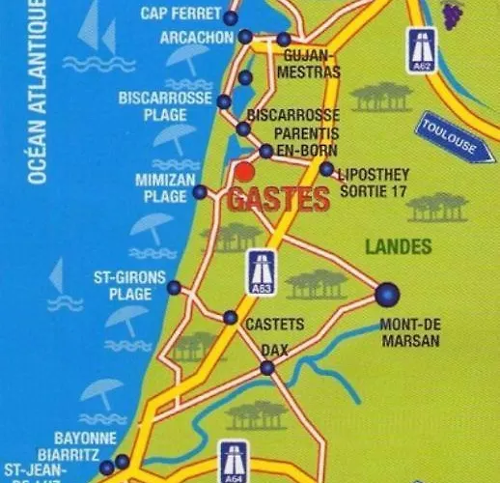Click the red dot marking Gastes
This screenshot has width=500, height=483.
coord(245,171)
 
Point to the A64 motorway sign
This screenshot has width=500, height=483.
coord(232,462)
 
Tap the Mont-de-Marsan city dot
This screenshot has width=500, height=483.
coord(387,292)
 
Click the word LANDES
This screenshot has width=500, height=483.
coord(398,247)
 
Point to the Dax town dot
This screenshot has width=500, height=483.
coord(267,367)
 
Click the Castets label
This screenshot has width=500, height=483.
coord(275,324)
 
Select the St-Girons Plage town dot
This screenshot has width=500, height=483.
coord(174,287)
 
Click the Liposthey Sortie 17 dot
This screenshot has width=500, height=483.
coord(326,169)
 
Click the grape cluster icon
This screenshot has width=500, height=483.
coord(451,12)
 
